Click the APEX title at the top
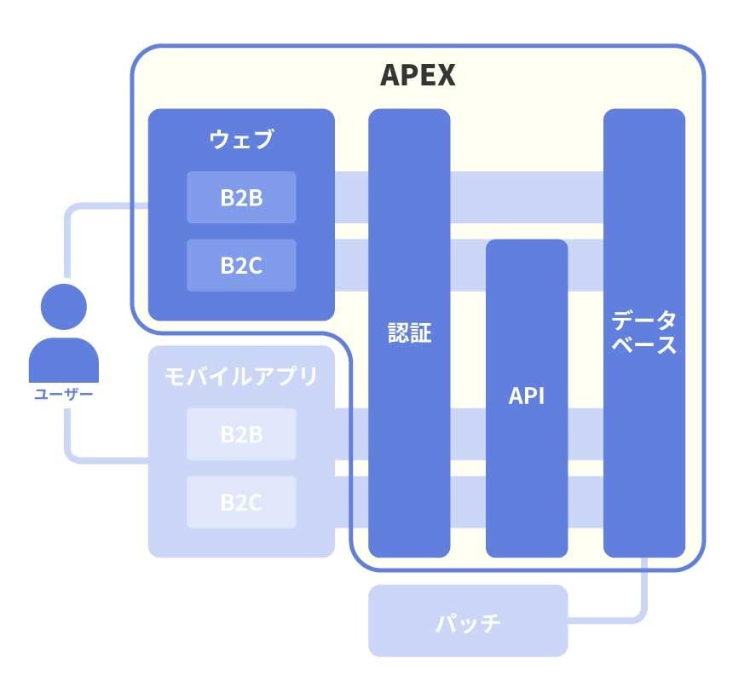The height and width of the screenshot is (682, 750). point(417,75)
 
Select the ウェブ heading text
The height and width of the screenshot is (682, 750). point(241,139)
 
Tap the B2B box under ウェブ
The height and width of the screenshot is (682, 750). point(241,198)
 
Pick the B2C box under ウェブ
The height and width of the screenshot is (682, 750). point(241,265)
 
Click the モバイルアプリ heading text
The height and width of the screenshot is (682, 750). point(241,376)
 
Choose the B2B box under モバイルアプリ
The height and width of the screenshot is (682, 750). point(241,434)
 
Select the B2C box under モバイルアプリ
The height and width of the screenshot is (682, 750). point(241,502)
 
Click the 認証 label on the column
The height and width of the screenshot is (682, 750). point(409,332)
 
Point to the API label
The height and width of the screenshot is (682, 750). point(527,396)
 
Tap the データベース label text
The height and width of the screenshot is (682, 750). point(644,332)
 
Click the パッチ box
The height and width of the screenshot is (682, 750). point(468,621)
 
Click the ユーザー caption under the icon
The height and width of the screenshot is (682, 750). point(64,394)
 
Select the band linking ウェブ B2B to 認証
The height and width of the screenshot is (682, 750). point(351,198)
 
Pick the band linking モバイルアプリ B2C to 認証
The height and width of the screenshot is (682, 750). point(351,502)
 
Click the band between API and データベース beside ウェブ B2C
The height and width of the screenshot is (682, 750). point(586,265)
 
